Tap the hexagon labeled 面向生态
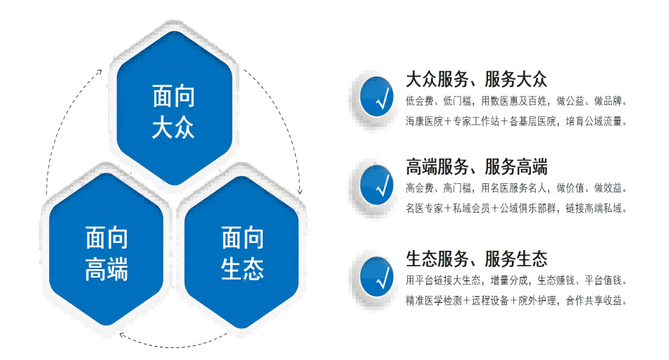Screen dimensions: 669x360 [242, 252]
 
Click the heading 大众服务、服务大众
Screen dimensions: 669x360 [476, 80]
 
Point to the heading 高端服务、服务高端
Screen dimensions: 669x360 [476, 166]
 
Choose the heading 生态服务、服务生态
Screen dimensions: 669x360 [476, 259]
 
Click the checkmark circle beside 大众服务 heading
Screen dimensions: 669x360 [376, 97]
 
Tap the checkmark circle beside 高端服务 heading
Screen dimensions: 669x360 [376, 185]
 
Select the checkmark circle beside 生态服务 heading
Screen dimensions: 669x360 [376, 276]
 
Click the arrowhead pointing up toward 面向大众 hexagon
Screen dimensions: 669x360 [99, 72]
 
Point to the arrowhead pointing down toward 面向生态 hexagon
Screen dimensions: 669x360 [299, 191]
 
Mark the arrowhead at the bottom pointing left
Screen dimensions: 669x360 [122, 335]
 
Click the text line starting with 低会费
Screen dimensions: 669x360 [516, 101]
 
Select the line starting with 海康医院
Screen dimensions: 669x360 [516, 121]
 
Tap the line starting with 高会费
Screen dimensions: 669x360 [516, 188]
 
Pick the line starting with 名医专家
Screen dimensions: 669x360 [516, 209]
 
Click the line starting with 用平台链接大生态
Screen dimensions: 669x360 [516, 280]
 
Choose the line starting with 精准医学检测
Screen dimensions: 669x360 [516, 301]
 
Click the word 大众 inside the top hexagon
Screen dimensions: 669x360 [173, 128]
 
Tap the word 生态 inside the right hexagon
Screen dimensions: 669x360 [242, 269]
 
